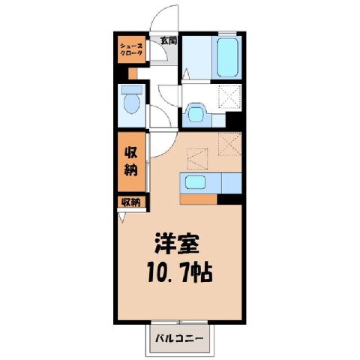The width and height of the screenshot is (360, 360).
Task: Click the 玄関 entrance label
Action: pyautogui.click(x=169, y=40)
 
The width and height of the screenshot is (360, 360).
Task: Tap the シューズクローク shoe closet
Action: pyautogui.click(x=132, y=49)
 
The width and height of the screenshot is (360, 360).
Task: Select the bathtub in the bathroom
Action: pyautogui.click(x=227, y=57)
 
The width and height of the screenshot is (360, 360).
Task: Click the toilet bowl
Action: pyautogui.click(x=132, y=103)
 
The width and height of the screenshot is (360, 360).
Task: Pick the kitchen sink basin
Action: pyautogui.click(x=195, y=181)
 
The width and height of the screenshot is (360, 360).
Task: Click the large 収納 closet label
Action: pyautogui.click(x=131, y=161)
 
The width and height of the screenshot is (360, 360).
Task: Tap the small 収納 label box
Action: pyautogui.click(x=131, y=202)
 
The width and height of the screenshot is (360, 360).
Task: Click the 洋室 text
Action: pyautogui.click(x=177, y=244)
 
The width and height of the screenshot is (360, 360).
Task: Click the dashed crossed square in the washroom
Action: pyautogui.click(x=230, y=97)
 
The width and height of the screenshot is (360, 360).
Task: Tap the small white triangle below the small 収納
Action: pyautogui.click(x=122, y=217)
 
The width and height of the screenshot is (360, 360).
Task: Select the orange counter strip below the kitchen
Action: pyautogui.click(x=199, y=199)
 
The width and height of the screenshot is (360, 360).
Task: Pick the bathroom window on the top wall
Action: pyautogui.click(x=227, y=32)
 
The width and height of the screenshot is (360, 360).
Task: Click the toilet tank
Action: pyautogui.click(x=132, y=90)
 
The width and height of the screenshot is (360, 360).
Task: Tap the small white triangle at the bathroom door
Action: pyautogui.click(x=186, y=74)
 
